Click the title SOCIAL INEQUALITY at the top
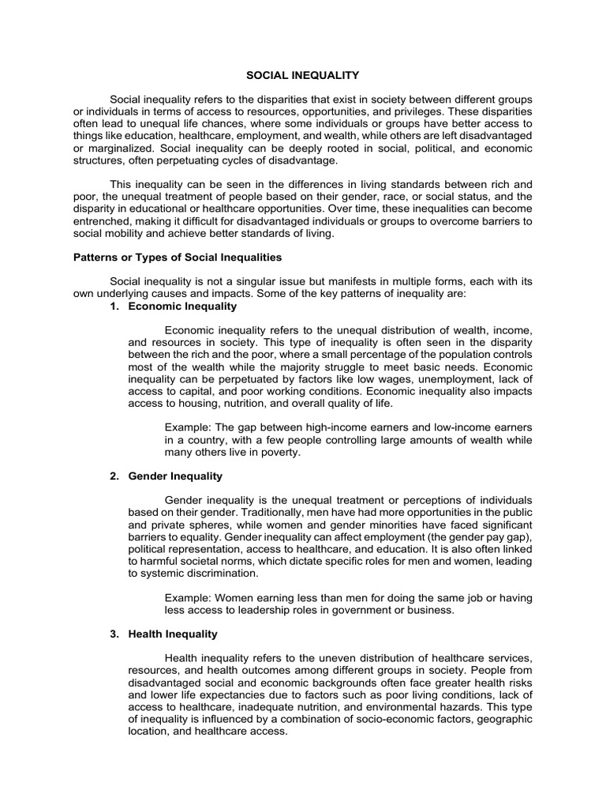point(303,75)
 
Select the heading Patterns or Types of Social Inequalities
point(178,258)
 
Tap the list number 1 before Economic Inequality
point(115,306)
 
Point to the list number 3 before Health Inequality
point(115,634)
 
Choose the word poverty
point(282,453)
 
